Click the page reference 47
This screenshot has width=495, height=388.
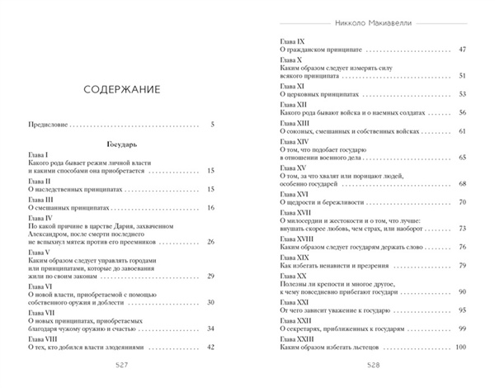pyautogui.click(x=463, y=50)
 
